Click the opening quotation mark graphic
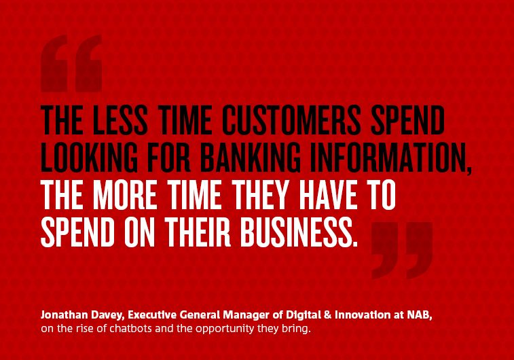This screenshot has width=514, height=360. coord(71,63)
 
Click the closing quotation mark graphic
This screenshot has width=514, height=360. coord(402,251)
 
